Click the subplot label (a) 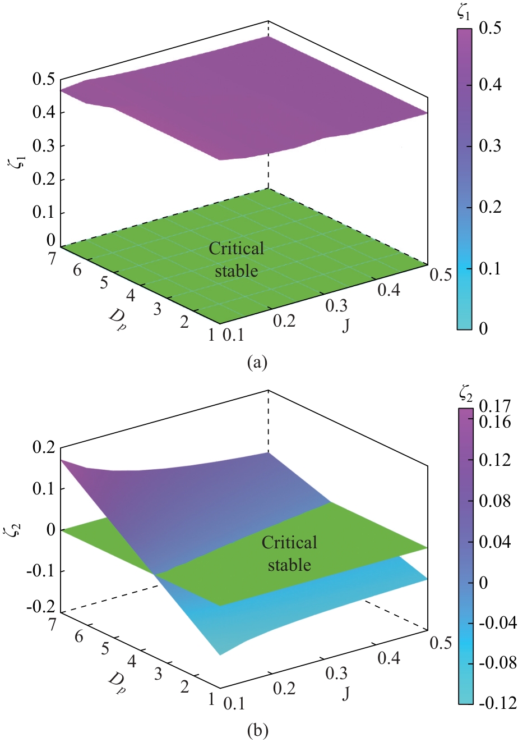pos(258,362)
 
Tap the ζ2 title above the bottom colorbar pos(465,397)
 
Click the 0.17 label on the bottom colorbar pos(494,405)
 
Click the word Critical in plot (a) pos(236,249)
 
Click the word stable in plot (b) pos(289,564)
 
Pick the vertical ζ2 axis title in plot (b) pos(19,528)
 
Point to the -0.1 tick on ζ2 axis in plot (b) pos(38,571)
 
